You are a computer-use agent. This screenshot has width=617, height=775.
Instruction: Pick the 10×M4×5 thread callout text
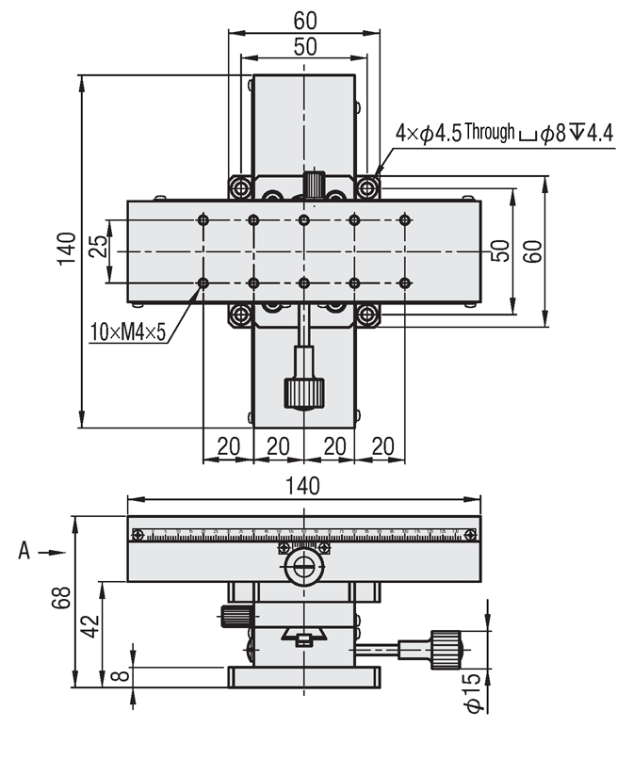[128, 331]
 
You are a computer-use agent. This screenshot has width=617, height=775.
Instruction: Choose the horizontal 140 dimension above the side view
[303, 486]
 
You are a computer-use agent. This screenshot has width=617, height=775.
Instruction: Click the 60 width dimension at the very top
[303, 19]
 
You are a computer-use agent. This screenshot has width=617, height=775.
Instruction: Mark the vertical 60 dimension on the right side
[533, 250]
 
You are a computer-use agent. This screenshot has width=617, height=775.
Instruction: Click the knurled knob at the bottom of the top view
[303, 391]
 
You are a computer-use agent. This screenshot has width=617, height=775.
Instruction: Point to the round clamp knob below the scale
[303, 566]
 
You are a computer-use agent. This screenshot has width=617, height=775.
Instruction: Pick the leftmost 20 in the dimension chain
[228, 445]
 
